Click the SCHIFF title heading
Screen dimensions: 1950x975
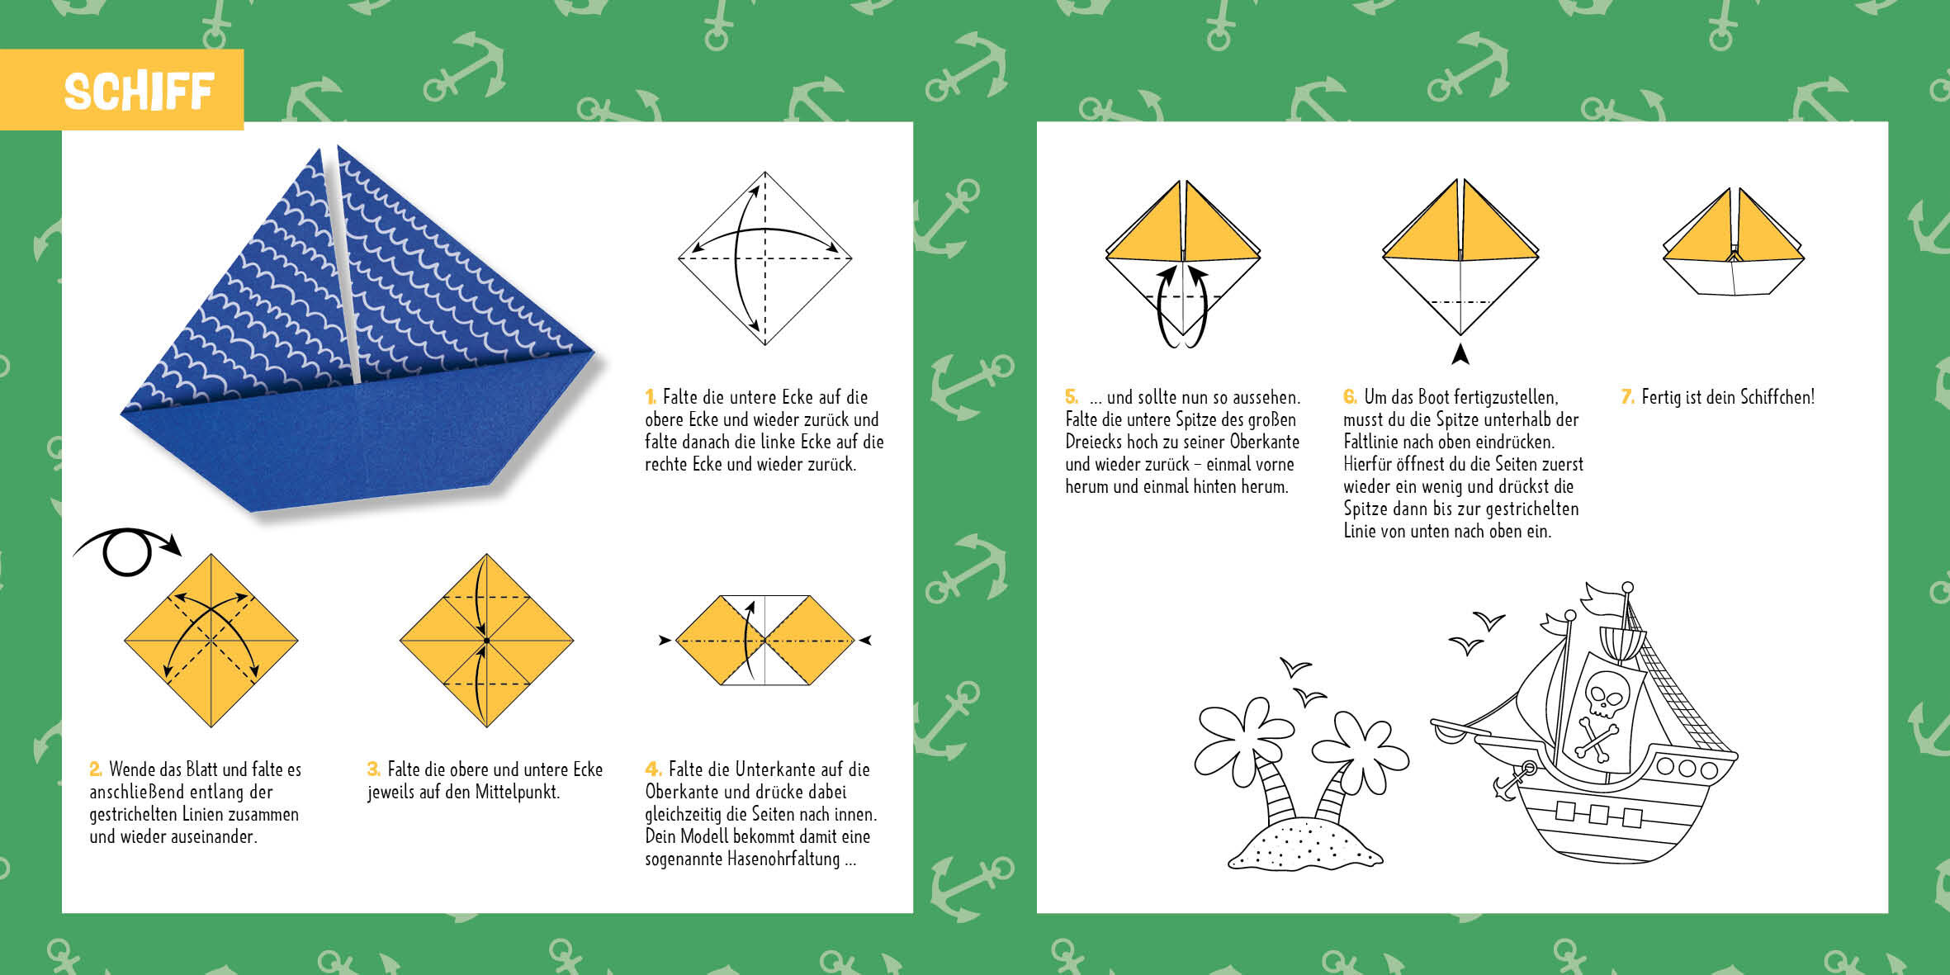pyautogui.click(x=139, y=91)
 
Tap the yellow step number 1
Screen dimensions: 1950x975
pyautogui.click(x=651, y=397)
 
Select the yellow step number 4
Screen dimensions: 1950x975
pyautogui.click(x=652, y=769)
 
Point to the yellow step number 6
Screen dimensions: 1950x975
pyautogui.click(x=1350, y=397)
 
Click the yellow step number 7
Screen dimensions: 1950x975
pyautogui.click(x=1627, y=397)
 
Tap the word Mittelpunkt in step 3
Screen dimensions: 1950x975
pyautogui.click(x=518, y=793)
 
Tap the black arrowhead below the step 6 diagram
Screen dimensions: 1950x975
pyautogui.click(x=1460, y=354)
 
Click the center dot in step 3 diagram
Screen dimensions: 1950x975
pyautogui.click(x=487, y=641)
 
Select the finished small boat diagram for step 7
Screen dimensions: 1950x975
pyautogui.click(x=1734, y=242)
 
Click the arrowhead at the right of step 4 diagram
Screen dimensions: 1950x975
pyautogui.click(x=865, y=640)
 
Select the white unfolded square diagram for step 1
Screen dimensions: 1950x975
pyautogui.click(x=765, y=258)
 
